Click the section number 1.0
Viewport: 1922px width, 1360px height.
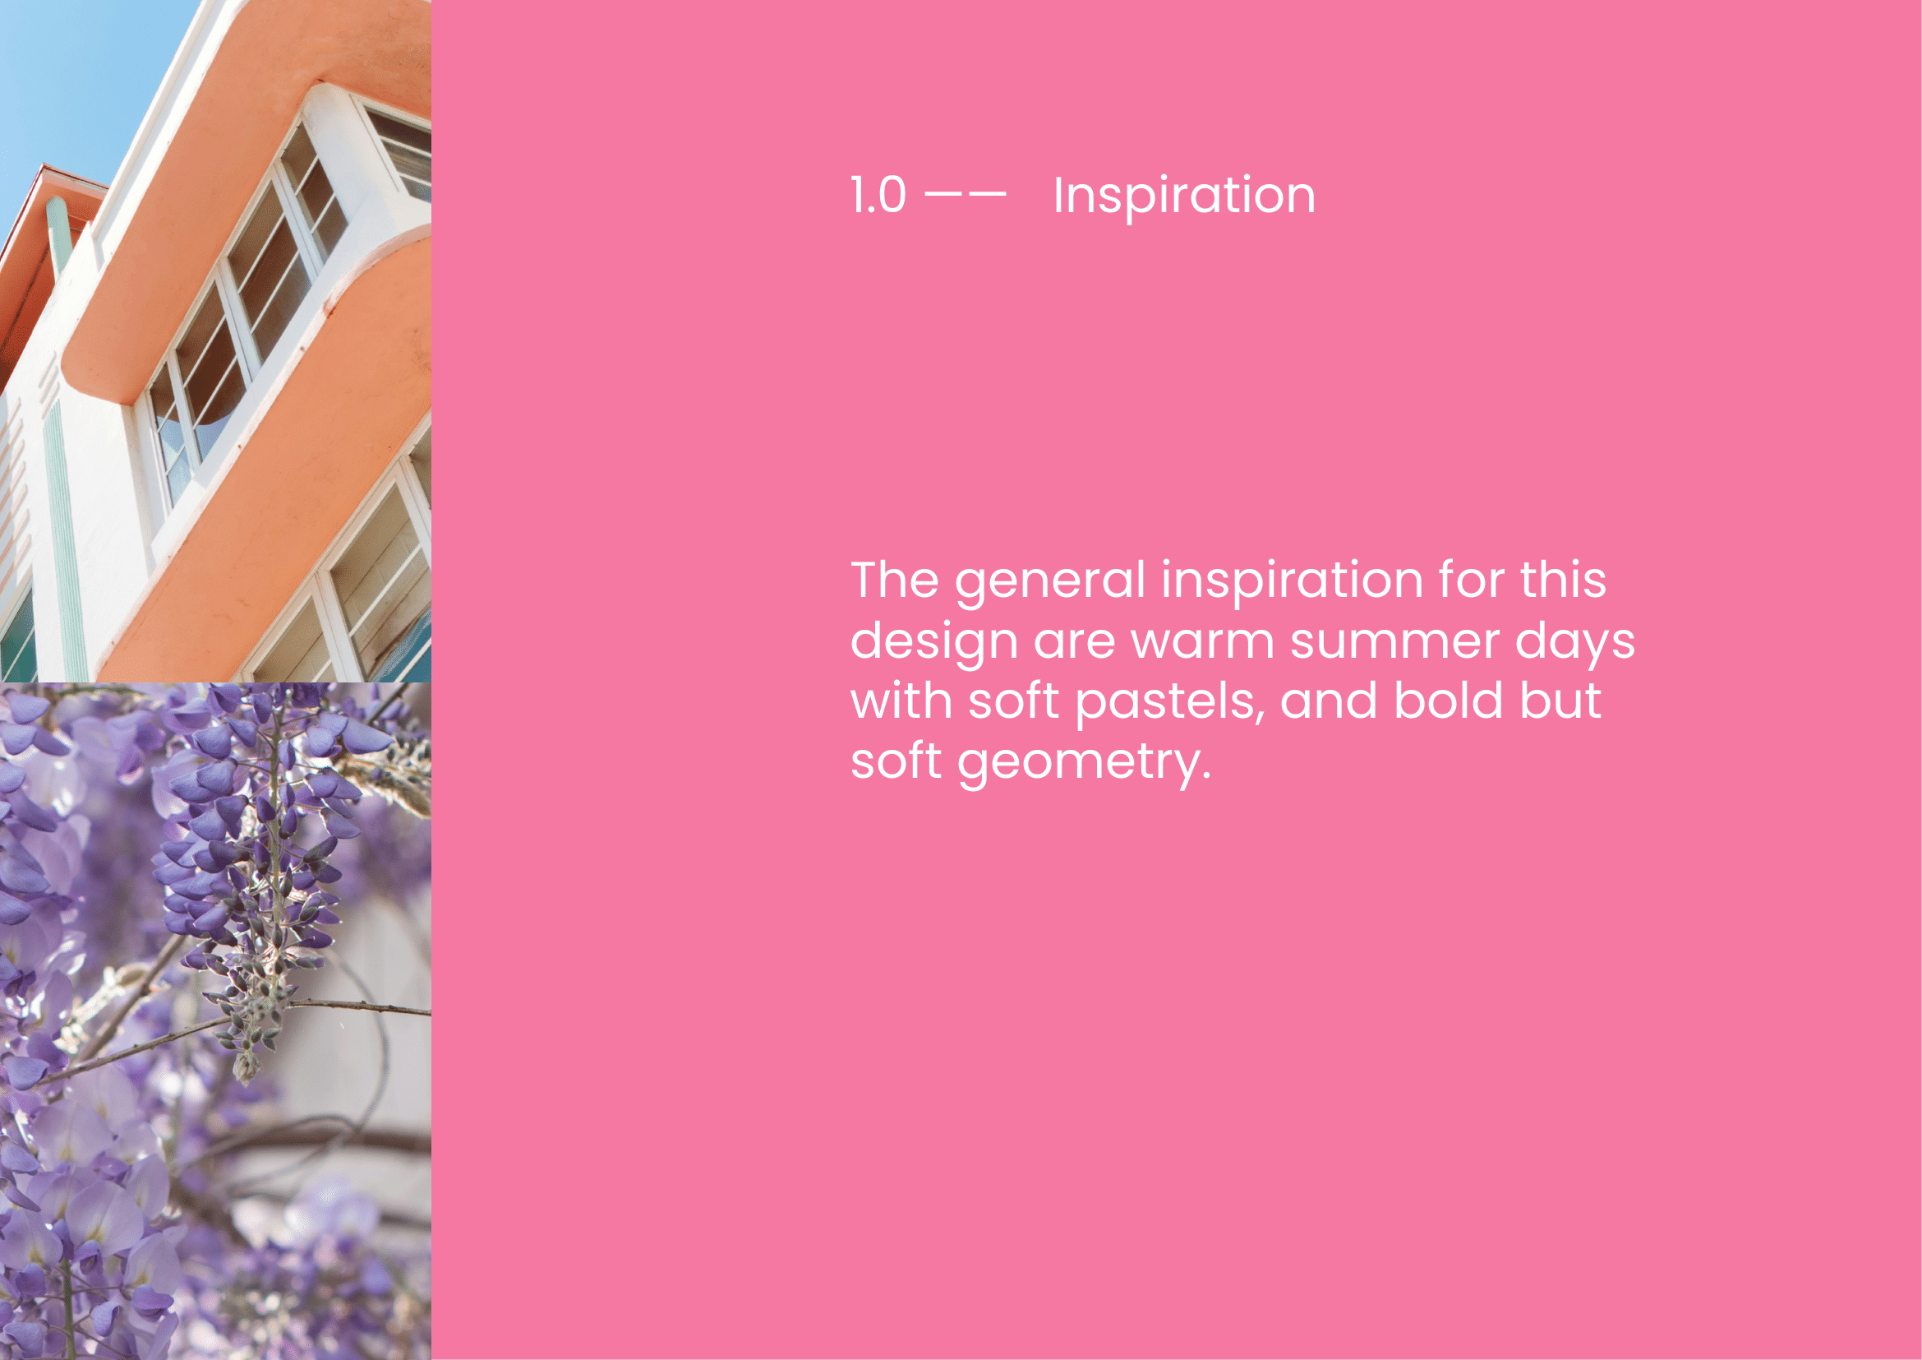tap(878, 196)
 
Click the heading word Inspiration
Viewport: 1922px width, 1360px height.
tap(1183, 197)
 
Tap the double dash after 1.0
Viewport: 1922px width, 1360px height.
tap(965, 194)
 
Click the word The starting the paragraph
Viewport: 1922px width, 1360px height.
tap(894, 580)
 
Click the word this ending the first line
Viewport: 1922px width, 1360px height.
tap(1563, 580)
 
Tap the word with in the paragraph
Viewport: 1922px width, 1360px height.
tap(901, 700)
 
